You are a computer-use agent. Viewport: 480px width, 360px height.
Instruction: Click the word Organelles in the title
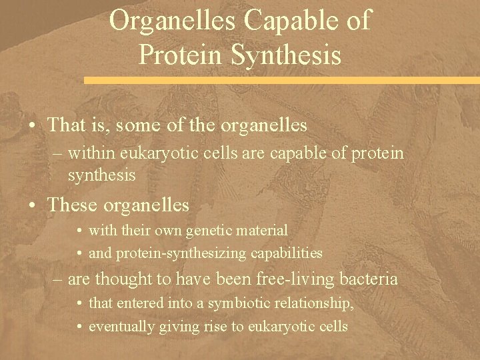173,21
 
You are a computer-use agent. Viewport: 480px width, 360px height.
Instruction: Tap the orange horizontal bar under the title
281,79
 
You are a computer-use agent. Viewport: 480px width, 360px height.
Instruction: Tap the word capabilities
289,253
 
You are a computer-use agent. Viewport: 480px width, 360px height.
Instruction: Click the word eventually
119,327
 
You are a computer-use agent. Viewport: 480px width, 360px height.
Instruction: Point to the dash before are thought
57,279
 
